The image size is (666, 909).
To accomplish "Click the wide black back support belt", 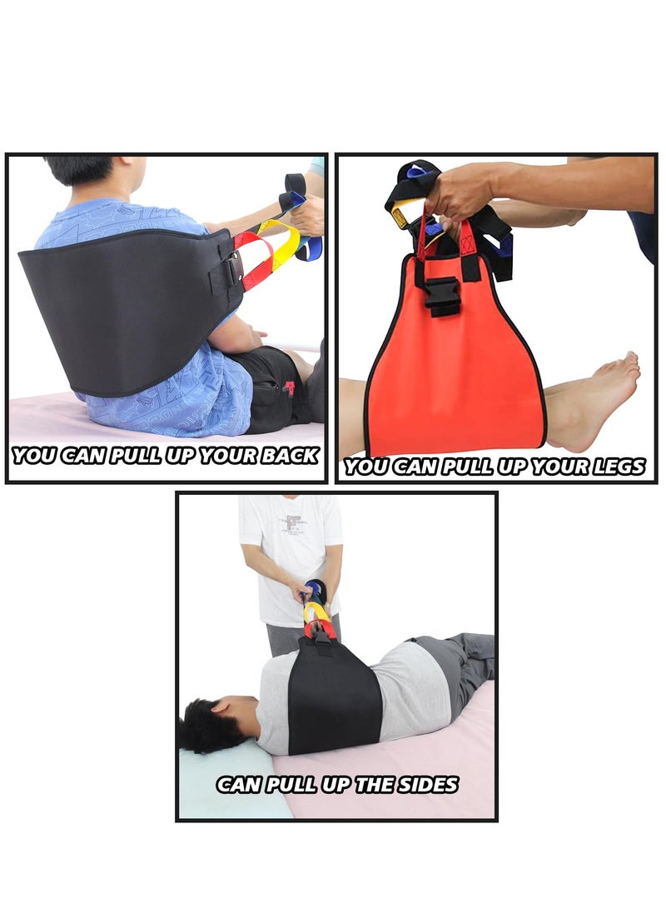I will [x=125, y=308].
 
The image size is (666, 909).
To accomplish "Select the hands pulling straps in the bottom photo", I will [x=312, y=593].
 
